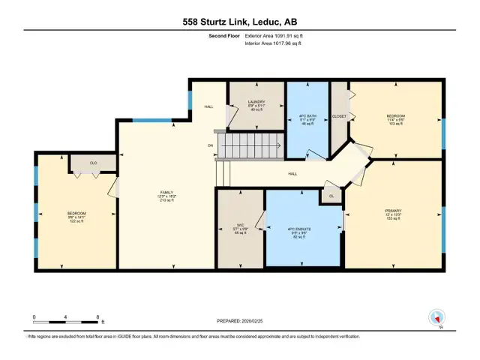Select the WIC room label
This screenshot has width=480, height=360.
[241, 225]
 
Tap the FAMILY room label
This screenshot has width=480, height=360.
[161, 193]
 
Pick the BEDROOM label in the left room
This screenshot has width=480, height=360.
[76, 213]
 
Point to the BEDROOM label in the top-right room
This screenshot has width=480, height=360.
[395, 115]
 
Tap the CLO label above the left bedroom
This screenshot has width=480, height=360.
[94, 163]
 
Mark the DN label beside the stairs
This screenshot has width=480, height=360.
[211, 145]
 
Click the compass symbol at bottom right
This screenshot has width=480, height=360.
[435, 317]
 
